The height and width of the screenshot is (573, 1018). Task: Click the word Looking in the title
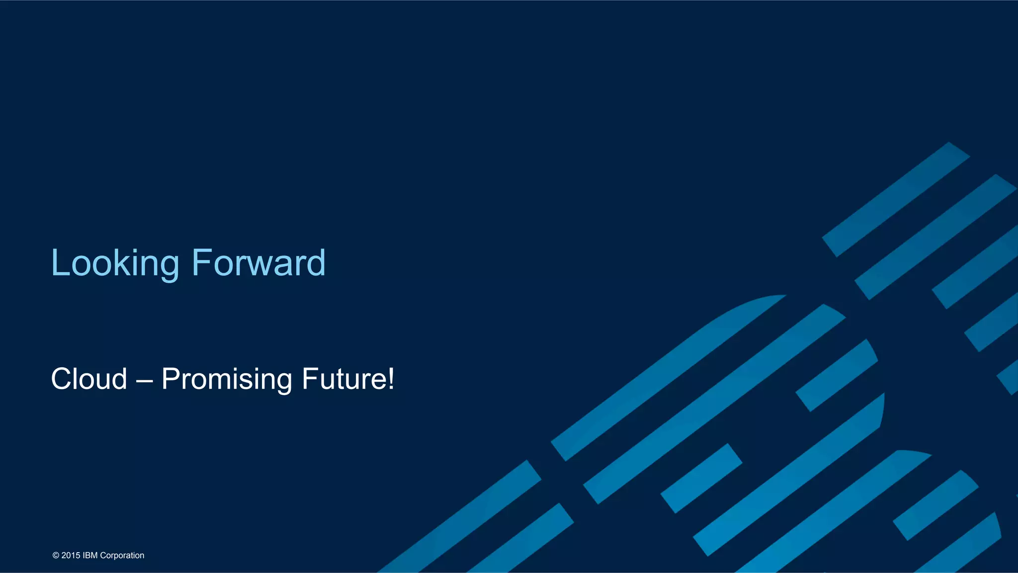tap(115, 263)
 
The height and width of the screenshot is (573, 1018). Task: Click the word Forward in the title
tap(258, 263)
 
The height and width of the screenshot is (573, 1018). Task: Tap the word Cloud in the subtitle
tap(89, 379)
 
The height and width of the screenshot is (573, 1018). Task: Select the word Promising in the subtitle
tap(227, 379)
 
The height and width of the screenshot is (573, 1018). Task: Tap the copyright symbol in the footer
tap(56, 556)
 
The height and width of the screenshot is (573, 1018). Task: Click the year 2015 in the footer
tap(71, 556)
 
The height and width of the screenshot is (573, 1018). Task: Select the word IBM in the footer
tap(90, 556)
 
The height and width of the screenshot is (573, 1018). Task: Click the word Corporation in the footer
tap(122, 556)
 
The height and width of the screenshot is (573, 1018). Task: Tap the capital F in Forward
tap(200, 262)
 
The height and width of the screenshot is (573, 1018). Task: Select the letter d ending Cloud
tap(119, 379)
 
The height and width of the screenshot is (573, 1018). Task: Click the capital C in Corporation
tap(103, 556)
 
